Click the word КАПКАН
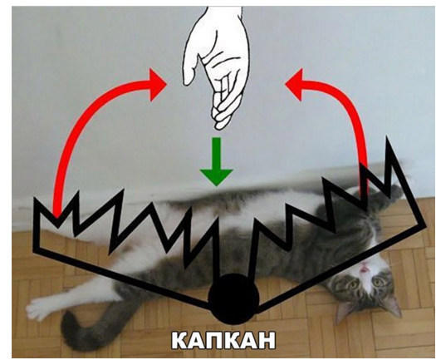point(223,340)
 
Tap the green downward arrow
point(216,161)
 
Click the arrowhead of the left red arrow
point(157,84)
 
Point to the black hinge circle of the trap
point(233,298)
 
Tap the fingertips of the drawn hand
point(220,118)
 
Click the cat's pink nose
point(364,269)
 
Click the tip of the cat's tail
point(68,318)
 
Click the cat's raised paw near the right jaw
point(394,192)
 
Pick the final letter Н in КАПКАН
point(267,340)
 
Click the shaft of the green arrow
point(216,153)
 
